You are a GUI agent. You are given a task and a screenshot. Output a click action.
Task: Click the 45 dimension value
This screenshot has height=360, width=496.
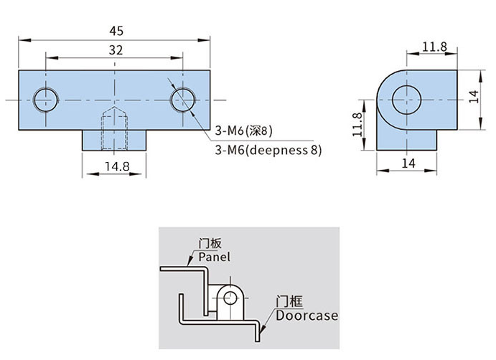[x=116, y=31]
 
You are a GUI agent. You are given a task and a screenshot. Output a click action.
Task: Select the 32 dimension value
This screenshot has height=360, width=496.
[x=116, y=49]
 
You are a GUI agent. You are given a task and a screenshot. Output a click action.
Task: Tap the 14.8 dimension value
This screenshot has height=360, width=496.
[x=116, y=166]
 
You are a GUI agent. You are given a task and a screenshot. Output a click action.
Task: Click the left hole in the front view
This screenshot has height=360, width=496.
[x=47, y=99]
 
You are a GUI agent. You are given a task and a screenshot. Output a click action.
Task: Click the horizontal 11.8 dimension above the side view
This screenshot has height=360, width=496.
[x=434, y=47]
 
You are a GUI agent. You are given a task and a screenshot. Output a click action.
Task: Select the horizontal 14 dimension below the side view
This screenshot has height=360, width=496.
[x=409, y=164]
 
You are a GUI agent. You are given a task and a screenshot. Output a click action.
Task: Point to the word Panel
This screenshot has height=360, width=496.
[x=214, y=257]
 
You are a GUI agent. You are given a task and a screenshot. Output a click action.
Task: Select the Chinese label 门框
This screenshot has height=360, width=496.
[x=286, y=302]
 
